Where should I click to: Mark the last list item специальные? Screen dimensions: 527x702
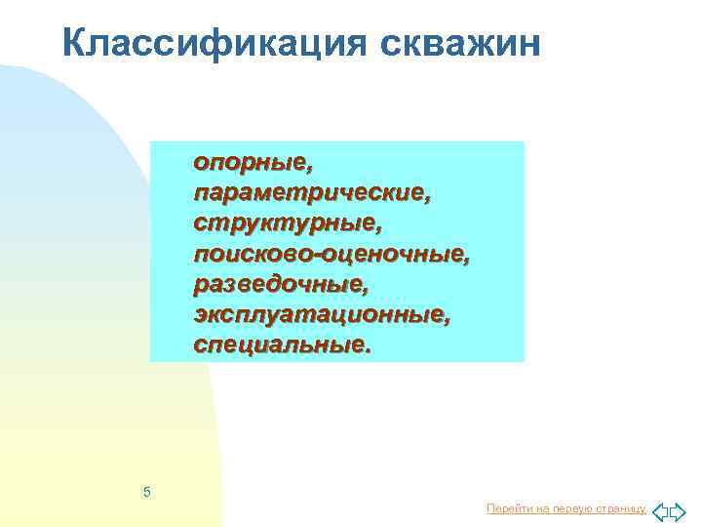click(280, 345)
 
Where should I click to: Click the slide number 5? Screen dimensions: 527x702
click(146, 491)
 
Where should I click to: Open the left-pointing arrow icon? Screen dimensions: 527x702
click(659, 509)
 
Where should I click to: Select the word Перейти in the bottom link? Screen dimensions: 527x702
click(505, 509)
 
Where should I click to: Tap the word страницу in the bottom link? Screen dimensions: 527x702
click(618, 509)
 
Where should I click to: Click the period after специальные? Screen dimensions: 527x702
click(368, 348)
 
